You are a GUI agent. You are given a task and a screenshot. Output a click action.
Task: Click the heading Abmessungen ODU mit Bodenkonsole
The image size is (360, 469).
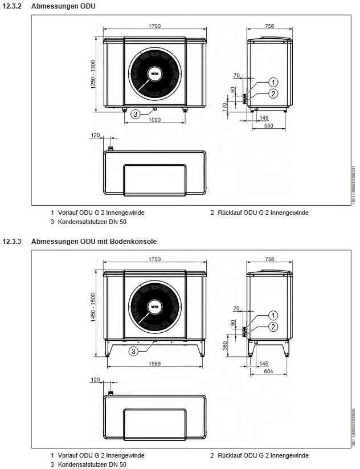pos(94,242)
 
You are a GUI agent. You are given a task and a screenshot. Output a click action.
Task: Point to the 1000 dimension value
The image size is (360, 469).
pos(154,120)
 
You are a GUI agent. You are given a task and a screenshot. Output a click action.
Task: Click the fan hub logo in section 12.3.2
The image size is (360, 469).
pos(154,74)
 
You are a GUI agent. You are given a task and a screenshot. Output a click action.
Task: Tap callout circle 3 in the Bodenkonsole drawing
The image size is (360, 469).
pos(133,351)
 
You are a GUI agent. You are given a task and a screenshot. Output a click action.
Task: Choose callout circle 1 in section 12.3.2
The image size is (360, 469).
pos(273,82)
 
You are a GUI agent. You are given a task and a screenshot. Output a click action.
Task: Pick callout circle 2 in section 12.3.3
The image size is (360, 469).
pos(273,327)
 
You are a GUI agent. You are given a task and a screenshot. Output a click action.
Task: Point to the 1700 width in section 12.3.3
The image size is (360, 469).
pos(154,259)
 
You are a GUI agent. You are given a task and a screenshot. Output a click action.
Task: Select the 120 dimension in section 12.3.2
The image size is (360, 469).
pos(95,136)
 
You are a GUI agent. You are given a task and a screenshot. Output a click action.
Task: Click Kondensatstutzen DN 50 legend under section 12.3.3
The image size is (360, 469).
pos(92,464)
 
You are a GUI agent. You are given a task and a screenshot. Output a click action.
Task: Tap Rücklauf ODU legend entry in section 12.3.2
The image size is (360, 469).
pos(259,213)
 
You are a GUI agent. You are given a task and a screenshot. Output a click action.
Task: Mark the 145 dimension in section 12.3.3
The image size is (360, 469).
pos(263,362)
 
